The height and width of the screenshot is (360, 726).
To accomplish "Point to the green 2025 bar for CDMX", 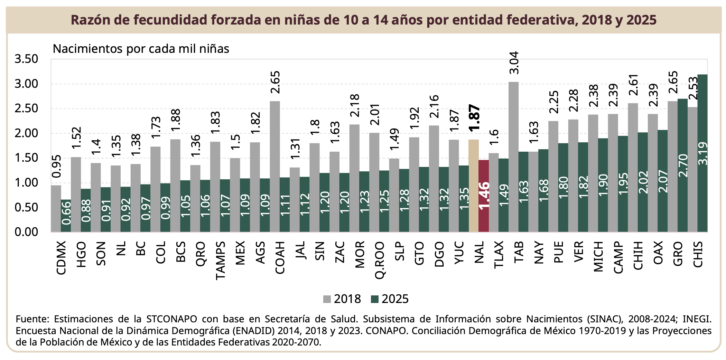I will coord(66,216).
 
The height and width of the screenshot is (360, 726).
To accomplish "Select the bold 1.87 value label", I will coord(474,117).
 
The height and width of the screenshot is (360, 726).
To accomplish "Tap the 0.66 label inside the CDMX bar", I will coord(66,213).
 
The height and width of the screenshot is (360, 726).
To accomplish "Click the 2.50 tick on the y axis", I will coord(26,108).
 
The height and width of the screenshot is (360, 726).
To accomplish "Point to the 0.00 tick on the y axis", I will coord(26,232).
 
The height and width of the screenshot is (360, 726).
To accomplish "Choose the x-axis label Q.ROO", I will coord(380,260).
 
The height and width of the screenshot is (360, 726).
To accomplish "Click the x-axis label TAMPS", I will coord(221,260).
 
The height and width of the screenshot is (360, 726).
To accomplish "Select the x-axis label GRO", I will coord(678,254).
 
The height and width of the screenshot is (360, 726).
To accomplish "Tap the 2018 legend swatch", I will coord(327,299).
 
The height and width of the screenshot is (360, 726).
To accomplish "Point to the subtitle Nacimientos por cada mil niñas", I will coord(141,49).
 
